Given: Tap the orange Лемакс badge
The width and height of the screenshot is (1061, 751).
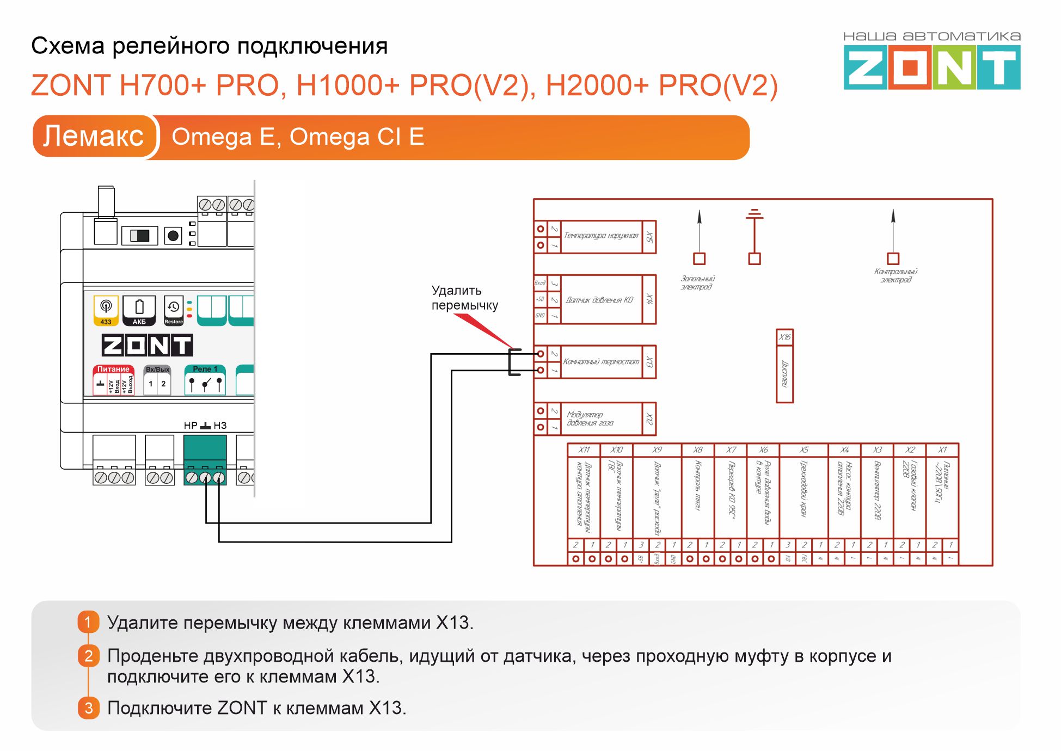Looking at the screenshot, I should coord(94,136).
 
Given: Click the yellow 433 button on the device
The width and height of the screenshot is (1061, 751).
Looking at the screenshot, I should coord(106,311).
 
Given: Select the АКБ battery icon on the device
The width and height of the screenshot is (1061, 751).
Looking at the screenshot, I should coord(139,311).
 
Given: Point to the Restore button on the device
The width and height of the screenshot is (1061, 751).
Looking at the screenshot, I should coord(174,311).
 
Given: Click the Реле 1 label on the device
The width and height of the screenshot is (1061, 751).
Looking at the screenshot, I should coord(205,369).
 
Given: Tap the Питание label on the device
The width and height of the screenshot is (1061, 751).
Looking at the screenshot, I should coord(113,369).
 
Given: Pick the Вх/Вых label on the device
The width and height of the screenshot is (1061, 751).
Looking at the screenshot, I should coord(157,370).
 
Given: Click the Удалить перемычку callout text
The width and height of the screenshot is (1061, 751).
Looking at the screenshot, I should coord(464,298).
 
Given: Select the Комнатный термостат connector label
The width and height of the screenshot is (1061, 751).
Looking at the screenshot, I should coord(601,361).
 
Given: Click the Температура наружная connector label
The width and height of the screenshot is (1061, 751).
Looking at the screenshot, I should coord(601,236).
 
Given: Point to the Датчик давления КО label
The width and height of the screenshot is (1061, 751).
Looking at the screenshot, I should coord(599,300).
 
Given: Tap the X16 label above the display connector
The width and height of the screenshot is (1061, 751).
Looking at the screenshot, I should coord(784,337).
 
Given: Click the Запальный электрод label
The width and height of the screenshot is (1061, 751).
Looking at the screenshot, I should coord(697,282).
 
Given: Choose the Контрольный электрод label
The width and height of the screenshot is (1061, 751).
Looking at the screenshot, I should coord(896,275).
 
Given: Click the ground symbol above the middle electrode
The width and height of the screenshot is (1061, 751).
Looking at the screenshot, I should coord(755,213).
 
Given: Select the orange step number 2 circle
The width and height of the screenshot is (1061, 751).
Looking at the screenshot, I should coord(89,656).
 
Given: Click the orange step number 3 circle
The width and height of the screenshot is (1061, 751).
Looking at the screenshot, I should coord(89,708).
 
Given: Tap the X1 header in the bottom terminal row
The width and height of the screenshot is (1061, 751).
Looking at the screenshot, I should coord(942,450).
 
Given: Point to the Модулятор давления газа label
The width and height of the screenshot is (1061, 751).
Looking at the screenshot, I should coord(590,418).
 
